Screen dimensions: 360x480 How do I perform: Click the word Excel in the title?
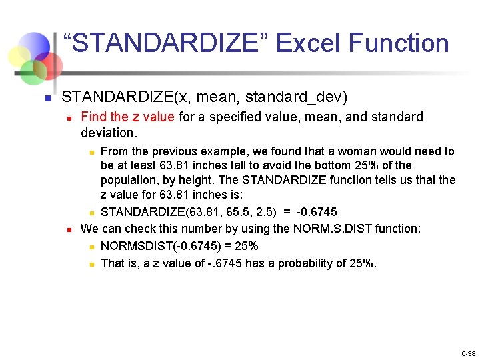(x=308, y=44)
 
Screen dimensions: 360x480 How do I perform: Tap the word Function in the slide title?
(x=399, y=44)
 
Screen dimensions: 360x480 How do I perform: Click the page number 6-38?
(x=467, y=353)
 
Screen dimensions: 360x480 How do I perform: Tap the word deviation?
(x=107, y=133)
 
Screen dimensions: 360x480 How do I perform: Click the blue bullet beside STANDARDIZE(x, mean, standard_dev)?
(x=47, y=99)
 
